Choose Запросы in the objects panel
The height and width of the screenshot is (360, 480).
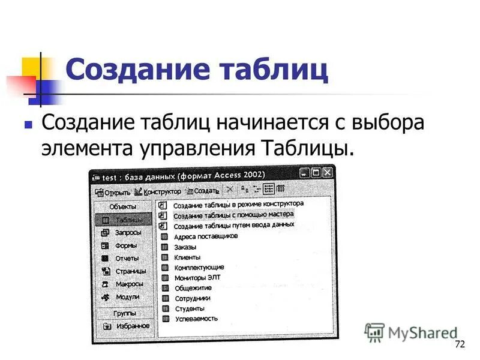click(x=127, y=233)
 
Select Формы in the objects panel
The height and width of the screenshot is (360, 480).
click(x=125, y=245)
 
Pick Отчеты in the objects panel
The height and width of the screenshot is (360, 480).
click(x=126, y=259)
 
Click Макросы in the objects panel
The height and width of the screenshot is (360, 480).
click(x=128, y=284)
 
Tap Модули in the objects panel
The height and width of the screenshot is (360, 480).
click(x=127, y=297)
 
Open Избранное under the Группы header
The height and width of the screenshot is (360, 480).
click(x=132, y=326)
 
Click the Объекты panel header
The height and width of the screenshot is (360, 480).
click(x=122, y=206)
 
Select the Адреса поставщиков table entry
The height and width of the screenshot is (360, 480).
click(x=205, y=237)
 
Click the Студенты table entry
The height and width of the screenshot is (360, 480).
click(x=190, y=309)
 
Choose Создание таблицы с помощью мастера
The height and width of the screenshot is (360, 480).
click(x=233, y=215)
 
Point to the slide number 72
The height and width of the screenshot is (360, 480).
click(x=460, y=344)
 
